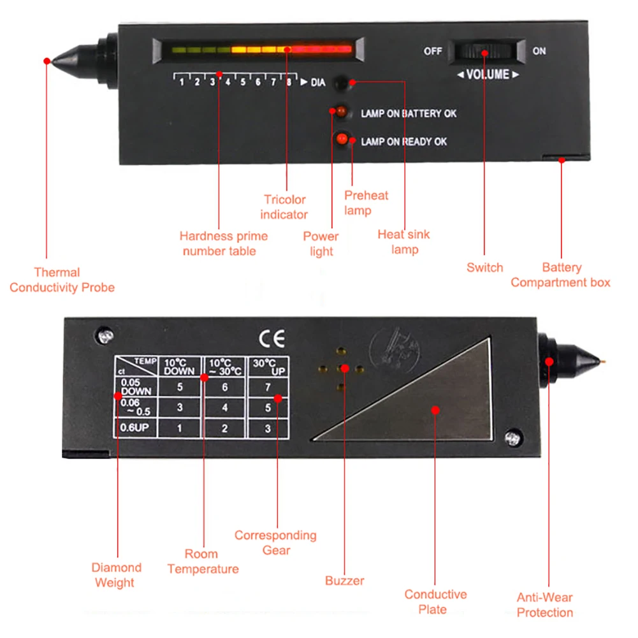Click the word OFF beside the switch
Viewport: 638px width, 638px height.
click(433, 52)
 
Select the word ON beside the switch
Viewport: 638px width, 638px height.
click(539, 51)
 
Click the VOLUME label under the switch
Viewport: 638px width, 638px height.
click(488, 75)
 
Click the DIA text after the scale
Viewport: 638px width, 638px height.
click(318, 82)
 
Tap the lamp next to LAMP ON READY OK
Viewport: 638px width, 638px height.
click(342, 138)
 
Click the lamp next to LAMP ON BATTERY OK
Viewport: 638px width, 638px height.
click(340, 112)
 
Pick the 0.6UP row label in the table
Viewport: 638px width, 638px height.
click(134, 428)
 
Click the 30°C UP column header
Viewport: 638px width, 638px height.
click(268, 366)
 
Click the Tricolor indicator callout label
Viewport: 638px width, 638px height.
click(284, 207)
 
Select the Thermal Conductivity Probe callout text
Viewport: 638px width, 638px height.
click(62, 280)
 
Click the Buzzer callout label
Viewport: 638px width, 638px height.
click(344, 581)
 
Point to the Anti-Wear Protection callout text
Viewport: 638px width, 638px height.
click(545, 605)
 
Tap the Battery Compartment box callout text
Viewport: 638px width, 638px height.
click(561, 275)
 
